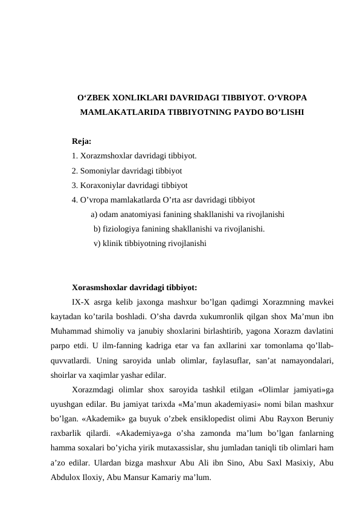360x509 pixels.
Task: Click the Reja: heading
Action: click(x=82, y=141)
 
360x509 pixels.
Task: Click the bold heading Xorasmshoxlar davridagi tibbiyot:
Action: click(x=134, y=287)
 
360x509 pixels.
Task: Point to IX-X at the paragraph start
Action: click(x=82, y=302)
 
